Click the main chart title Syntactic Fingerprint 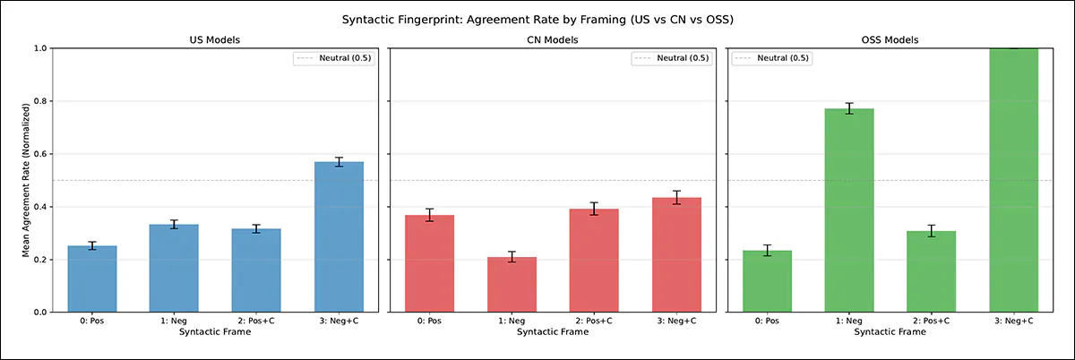537,19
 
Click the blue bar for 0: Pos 92,279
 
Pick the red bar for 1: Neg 512,285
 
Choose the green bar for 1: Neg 848,210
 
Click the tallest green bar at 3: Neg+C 1013,179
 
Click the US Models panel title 216,40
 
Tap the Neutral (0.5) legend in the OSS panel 771,58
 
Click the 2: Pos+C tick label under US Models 257,321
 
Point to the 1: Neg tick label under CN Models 512,321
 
